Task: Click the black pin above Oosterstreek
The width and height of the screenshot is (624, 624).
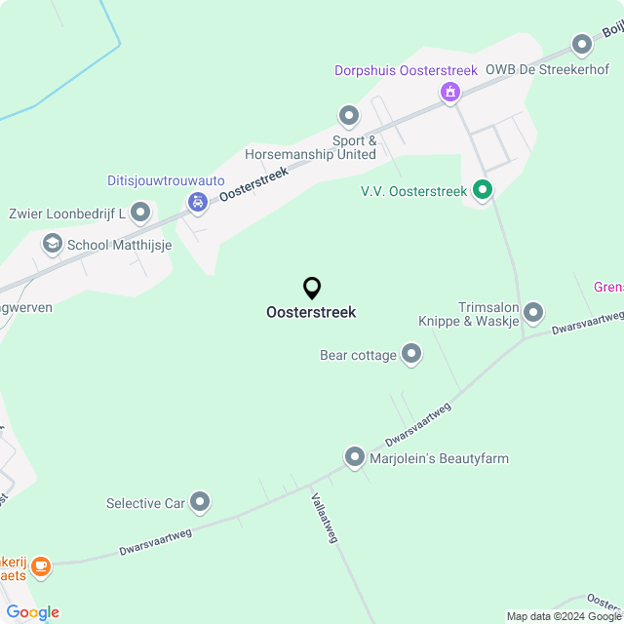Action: tap(312, 289)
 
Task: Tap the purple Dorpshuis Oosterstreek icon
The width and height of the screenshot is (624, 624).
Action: tap(449, 93)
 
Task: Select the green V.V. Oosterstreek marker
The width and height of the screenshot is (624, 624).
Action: tap(482, 190)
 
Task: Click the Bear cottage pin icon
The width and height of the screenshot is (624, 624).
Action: tap(411, 354)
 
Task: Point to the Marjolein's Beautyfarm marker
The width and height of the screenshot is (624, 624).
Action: tap(355, 456)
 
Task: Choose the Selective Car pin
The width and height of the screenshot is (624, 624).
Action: tap(200, 502)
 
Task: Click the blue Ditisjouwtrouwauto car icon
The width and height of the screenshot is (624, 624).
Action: tap(198, 203)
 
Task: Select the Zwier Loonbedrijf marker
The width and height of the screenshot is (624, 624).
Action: tap(140, 212)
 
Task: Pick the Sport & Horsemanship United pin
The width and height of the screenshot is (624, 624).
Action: tap(348, 117)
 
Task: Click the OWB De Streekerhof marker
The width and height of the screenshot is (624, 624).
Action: tap(582, 45)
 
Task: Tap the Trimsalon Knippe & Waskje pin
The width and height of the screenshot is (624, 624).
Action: tap(532, 313)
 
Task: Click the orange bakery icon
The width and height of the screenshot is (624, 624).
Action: tap(40, 565)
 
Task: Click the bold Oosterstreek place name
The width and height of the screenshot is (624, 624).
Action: tap(311, 313)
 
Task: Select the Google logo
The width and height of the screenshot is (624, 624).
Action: tap(32, 612)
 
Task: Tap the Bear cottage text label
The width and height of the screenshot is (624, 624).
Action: tap(358, 355)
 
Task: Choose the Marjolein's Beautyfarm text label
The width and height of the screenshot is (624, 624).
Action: tap(440, 458)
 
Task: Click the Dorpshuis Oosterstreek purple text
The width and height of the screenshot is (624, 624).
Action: tap(406, 71)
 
